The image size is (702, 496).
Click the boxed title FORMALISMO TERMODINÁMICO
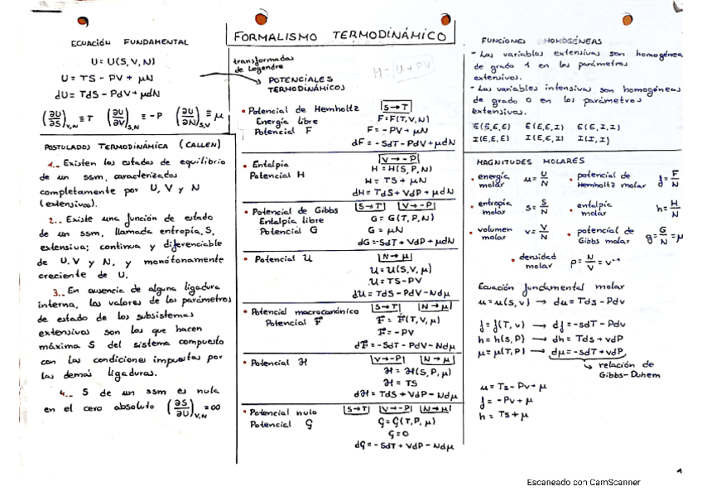(340, 37)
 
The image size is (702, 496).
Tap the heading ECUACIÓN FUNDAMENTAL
(130, 41)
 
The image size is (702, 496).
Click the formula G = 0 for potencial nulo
(387, 434)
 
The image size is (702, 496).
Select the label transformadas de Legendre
(262, 65)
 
